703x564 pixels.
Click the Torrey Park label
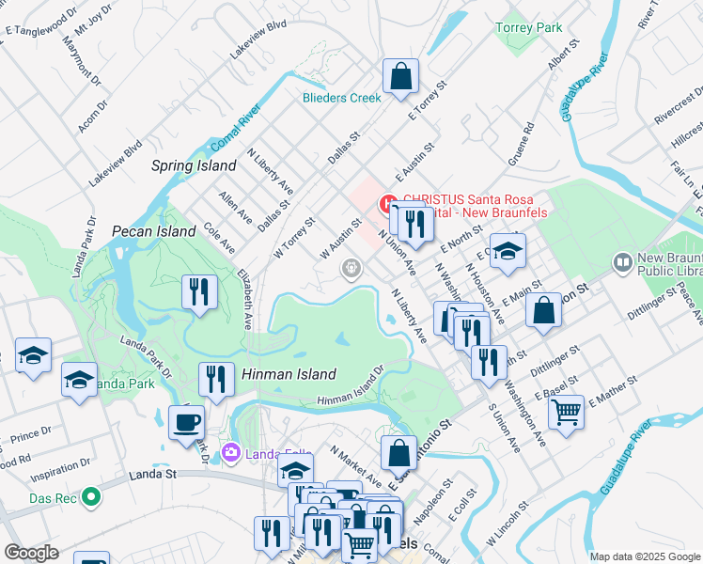[529, 27]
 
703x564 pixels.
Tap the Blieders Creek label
[341, 98]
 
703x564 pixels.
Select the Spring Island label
[194, 165]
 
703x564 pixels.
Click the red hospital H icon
[386, 202]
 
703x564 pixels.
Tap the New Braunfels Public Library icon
[621, 261]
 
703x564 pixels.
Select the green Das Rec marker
[90, 495]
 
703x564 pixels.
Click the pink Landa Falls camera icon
[231, 455]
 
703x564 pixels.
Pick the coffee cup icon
[185, 421]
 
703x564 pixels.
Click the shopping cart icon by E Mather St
[565, 411]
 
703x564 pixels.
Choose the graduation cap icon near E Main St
[507, 250]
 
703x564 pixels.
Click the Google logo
[31, 553]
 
